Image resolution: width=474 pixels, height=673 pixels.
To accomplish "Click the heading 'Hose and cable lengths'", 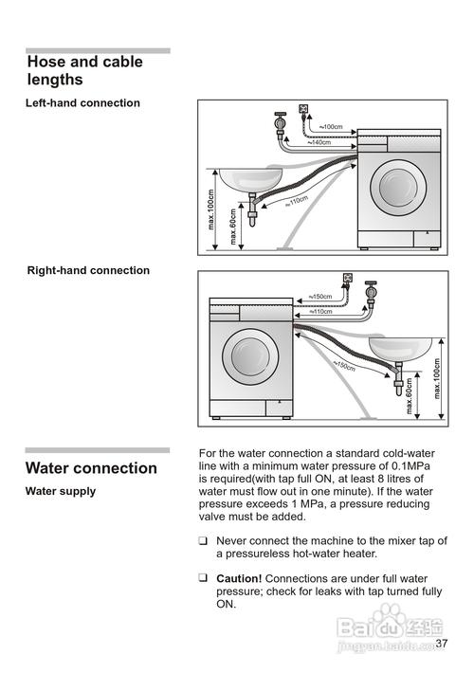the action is [x=85, y=70].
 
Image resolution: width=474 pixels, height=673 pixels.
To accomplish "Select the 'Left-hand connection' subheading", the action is [x=82, y=103].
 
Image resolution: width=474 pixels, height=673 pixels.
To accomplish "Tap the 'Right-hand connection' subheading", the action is [x=88, y=270].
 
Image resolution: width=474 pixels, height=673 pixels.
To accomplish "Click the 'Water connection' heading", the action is [x=91, y=468].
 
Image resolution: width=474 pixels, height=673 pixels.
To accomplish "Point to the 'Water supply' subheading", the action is [x=61, y=491].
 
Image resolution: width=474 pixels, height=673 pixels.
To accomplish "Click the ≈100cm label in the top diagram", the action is [x=331, y=127].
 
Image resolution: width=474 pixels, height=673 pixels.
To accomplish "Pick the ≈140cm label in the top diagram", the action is [x=319, y=142].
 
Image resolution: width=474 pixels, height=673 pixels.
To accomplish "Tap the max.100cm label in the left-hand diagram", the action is [x=210, y=209].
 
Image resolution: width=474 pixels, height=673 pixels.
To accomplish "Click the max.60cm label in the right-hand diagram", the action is [x=409, y=395].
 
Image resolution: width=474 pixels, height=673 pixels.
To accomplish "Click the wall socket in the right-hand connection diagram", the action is [x=347, y=278].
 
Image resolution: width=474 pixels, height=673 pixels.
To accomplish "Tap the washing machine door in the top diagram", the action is [x=398, y=188].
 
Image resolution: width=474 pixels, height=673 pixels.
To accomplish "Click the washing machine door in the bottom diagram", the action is [x=250, y=356].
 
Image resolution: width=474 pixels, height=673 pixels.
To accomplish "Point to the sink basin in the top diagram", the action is [x=250, y=180].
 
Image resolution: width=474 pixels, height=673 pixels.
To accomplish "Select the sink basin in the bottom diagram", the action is [x=400, y=349].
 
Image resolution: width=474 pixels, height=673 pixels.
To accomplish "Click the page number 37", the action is [x=442, y=643].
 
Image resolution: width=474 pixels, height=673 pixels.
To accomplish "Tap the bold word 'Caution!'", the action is [x=239, y=578].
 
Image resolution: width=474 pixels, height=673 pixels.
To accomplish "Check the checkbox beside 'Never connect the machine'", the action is [x=203, y=541].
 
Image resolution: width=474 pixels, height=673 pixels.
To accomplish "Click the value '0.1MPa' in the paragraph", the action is [x=410, y=466].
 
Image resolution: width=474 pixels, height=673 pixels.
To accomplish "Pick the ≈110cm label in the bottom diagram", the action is [x=320, y=312].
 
